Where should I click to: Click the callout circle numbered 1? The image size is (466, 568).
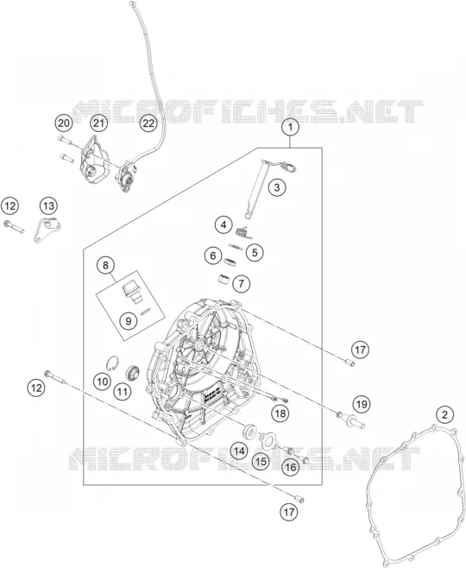(290, 128)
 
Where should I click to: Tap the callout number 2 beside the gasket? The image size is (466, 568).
(445, 414)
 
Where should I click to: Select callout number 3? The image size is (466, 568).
(277, 187)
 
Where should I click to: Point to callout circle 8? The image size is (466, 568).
(105, 265)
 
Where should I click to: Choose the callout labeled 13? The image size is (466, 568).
(48, 206)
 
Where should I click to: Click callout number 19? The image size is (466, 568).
(362, 404)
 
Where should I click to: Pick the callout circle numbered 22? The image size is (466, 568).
(148, 123)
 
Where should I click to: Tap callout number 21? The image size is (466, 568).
(99, 123)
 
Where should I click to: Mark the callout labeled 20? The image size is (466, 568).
(64, 123)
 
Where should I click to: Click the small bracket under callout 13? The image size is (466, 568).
(47, 231)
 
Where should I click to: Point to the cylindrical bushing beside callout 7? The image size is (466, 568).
(224, 280)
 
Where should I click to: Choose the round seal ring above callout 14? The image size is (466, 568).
(249, 431)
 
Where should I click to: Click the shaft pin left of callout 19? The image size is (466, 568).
(351, 421)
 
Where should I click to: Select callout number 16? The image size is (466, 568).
(291, 467)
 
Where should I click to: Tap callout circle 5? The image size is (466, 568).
(255, 252)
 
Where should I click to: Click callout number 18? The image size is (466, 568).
(280, 413)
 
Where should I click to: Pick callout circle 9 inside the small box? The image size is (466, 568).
(129, 320)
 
